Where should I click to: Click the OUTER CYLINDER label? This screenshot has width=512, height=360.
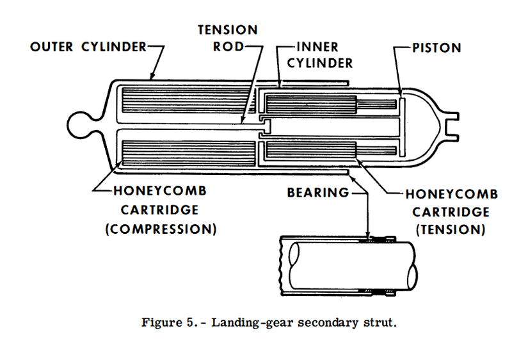click(x=88, y=47)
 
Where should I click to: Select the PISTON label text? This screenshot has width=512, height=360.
click(x=437, y=47)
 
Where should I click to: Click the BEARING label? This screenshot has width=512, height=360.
click(x=318, y=192)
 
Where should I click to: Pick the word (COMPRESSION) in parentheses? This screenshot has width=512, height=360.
click(x=160, y=229)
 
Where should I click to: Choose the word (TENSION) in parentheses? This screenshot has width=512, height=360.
click(x=451, y=229)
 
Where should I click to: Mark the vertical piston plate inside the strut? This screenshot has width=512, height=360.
click(x=401, y=125)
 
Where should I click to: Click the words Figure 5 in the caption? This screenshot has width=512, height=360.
click(x=161, y=322)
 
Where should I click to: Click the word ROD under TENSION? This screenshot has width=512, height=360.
click(x=227, y=47)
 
